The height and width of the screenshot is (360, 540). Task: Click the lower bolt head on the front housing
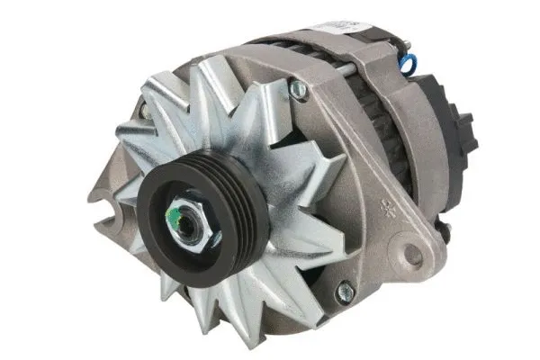pyautogui.click(x=343, y=290)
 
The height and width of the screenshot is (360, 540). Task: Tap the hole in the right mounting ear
pyautogui.click(x=412, y=256)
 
